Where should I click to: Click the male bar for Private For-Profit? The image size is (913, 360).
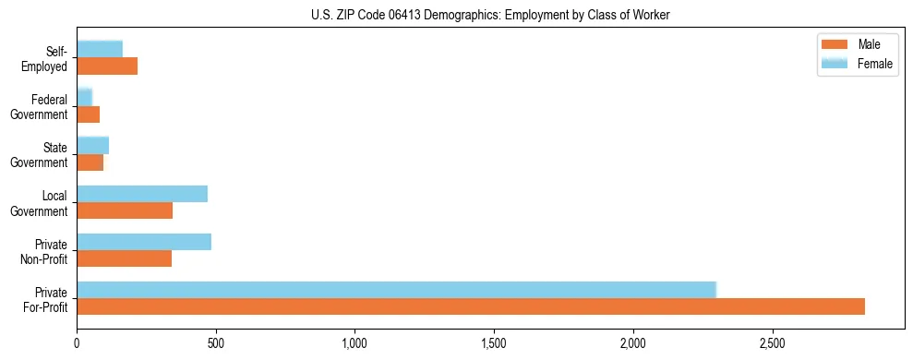coord(471,306)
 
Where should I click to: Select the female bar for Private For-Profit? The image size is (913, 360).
coord(397,290)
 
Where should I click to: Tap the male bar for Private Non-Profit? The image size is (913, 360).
coord(125,258)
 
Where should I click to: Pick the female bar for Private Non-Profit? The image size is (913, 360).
coord(144,242)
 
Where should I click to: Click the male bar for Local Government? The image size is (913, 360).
coord(125,210)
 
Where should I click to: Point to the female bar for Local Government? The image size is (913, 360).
coord(142,194)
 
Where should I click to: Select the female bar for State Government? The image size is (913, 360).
coord(93,145)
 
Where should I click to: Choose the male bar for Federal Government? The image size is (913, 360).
coord(89,114)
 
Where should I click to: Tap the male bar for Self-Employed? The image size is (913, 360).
coord(107,66)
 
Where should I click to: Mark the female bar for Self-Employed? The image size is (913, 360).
coord(100,49)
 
